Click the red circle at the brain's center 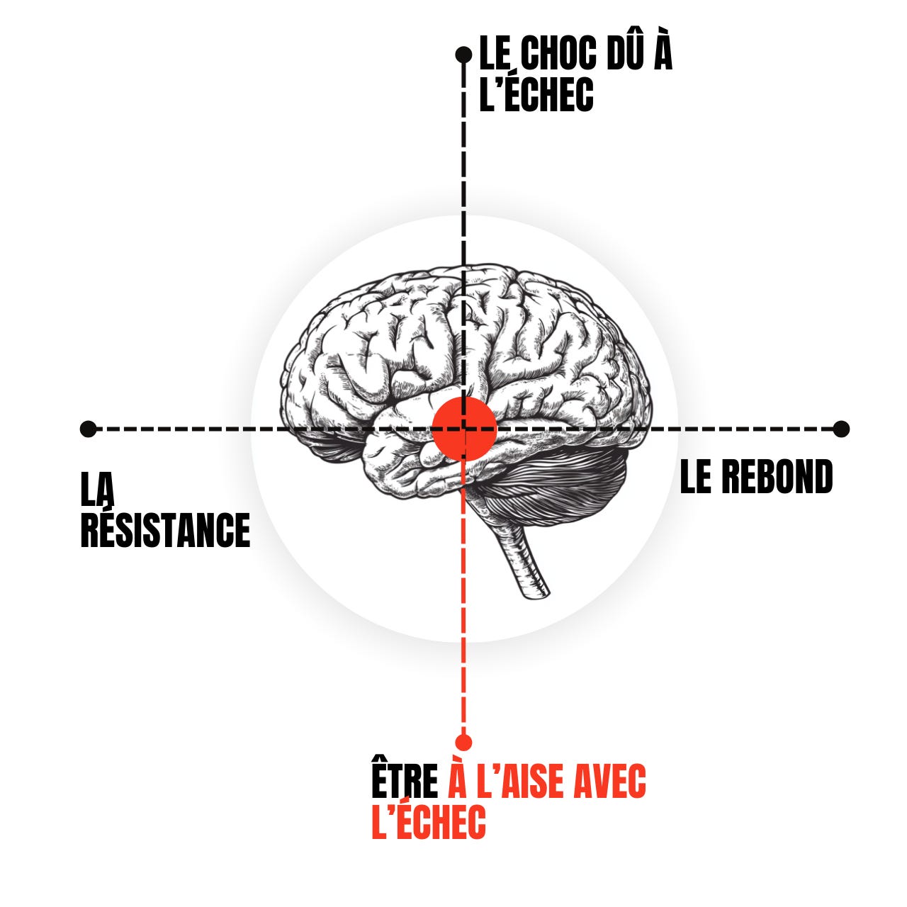(x=464, y=427)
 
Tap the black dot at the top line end (x=463, y=54)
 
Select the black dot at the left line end (x=88, y=429)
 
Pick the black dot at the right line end (x=841, y=428)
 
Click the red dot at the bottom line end (x=463, y=742)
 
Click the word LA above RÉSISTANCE (x=98, y=489)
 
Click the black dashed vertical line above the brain (x=464, y=163)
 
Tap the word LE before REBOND (x=695, y=478)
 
